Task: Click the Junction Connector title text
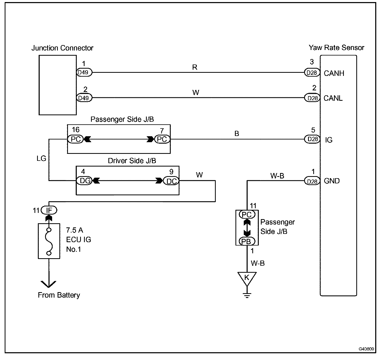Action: pos(62,48)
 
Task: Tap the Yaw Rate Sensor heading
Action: pos(336,48)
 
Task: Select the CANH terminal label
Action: pos(334,73)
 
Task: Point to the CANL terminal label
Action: pos(333,98)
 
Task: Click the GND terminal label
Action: pos(332,181)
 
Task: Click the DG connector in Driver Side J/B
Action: pos(85,181)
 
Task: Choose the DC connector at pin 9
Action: pos(171,181)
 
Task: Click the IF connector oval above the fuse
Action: pos(49,210)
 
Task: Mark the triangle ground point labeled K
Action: pos(247,278)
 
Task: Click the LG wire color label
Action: pos(41,158)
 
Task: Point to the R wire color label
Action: pos(195,68)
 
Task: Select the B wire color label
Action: pos(236,134)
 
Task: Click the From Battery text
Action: pos(59,295)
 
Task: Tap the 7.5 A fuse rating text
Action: pos(75,230)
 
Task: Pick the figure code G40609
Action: pos(366,349)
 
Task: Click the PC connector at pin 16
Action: pos(75,139)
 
